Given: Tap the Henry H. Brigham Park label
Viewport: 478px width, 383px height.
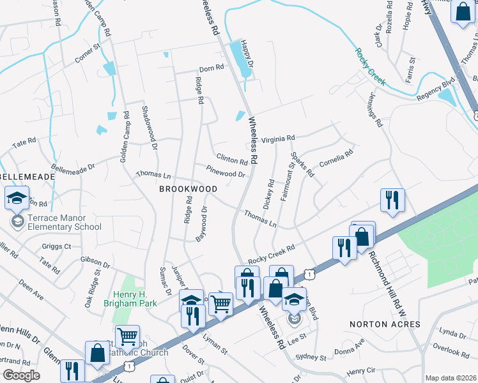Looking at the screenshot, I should pyautogui.click(x=130, y=299).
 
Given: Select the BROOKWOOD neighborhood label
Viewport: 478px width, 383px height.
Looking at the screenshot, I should pyautogui.click(x=188, y=189).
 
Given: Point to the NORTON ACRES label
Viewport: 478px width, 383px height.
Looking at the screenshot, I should pyautogui.click(x=385, y=324).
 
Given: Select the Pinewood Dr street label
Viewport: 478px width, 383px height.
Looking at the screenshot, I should pyautogui.click(x=226, y=171).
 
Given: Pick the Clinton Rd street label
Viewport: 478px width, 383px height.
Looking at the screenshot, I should pyautogui.click(x=231, y=159).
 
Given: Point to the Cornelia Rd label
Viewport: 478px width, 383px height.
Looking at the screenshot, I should pyautogui.click(x=337, y=158).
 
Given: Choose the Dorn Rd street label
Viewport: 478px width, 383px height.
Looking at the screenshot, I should pyautogui.click(x=212, y=68).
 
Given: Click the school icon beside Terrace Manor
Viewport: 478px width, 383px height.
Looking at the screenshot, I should pyautogui.click(x=17, y=199).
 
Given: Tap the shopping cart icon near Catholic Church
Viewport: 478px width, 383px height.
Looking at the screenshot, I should pyautogui.click(x=127, y=336).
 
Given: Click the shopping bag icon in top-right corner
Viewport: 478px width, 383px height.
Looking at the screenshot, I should pyautogui.click(x=462, y=11).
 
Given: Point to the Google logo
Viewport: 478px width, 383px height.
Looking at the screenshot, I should pyautogui.click(x=21, y=375).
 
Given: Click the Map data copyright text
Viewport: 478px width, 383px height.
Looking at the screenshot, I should pyautogui.click(x=451, y=378).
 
